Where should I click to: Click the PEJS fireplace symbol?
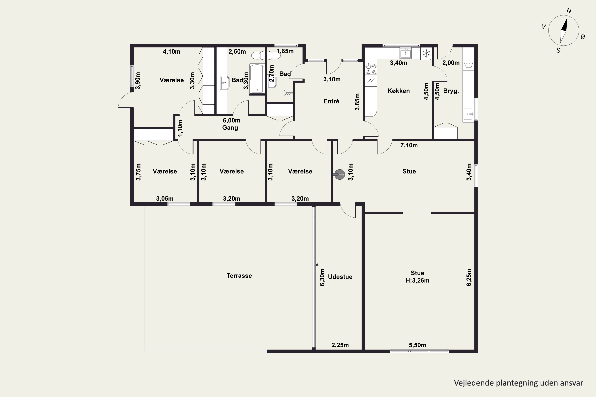pos(339,174)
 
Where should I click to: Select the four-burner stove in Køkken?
pos(371,69)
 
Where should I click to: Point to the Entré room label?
pos(331,101)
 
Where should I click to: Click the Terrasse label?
pos(239,276)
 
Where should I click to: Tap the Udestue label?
pos(340,277)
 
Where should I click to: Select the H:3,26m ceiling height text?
pos(417,280)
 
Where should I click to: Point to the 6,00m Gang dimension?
pos(231,120)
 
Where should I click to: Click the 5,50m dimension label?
pos(417,345)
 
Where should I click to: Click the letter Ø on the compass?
pos(582,37)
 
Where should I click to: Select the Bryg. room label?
pos(451,91)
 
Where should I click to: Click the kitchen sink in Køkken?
pos(405,53)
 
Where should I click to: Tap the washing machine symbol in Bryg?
pos(468,65)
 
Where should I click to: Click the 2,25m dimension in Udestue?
pos(340,345)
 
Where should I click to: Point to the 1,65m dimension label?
pos(285,51)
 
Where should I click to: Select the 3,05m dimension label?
pos(165,198)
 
